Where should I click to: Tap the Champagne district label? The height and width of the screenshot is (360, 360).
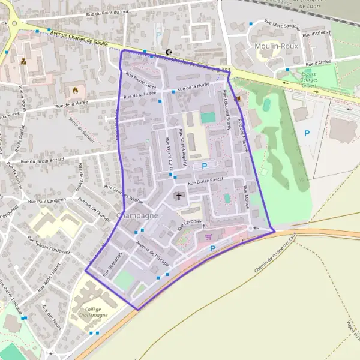138,215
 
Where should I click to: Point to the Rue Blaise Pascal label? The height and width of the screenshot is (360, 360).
205,180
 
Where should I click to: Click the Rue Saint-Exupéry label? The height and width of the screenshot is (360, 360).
182,148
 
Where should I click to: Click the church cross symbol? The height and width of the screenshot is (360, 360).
178,196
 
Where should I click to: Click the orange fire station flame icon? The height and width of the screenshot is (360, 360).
75,91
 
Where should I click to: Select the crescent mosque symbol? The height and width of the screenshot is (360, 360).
169,52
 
